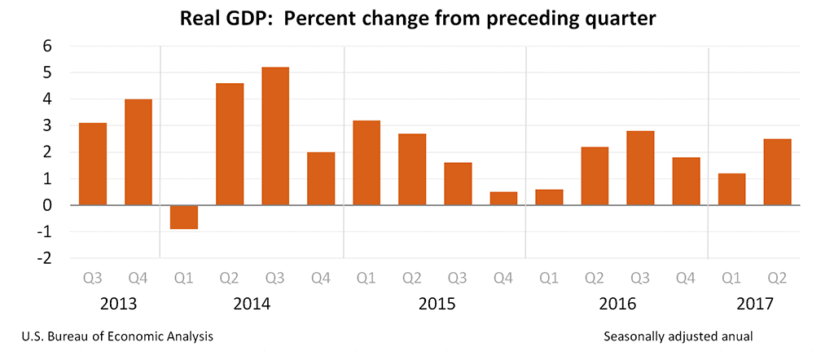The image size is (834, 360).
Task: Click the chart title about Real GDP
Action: [x=417, y=18]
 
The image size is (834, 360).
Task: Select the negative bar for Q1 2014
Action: [x=184, y=217]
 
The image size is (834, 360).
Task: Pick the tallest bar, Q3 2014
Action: [x=275, y=136]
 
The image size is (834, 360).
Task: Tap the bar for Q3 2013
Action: [x=93, y=164]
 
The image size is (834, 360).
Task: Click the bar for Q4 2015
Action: [x=503, y=198]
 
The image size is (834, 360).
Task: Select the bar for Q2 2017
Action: [x=777, y=172]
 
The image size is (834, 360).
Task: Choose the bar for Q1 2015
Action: [x=367, y=163]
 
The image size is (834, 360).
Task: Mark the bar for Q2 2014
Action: [x=230, y=144]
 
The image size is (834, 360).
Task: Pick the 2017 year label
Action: [x=755, y=305]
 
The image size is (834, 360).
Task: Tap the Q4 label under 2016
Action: [x=686, y=279]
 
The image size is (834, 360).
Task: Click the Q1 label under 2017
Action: [x=731, y=279]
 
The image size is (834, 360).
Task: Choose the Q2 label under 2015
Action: [x=412, y=279]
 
